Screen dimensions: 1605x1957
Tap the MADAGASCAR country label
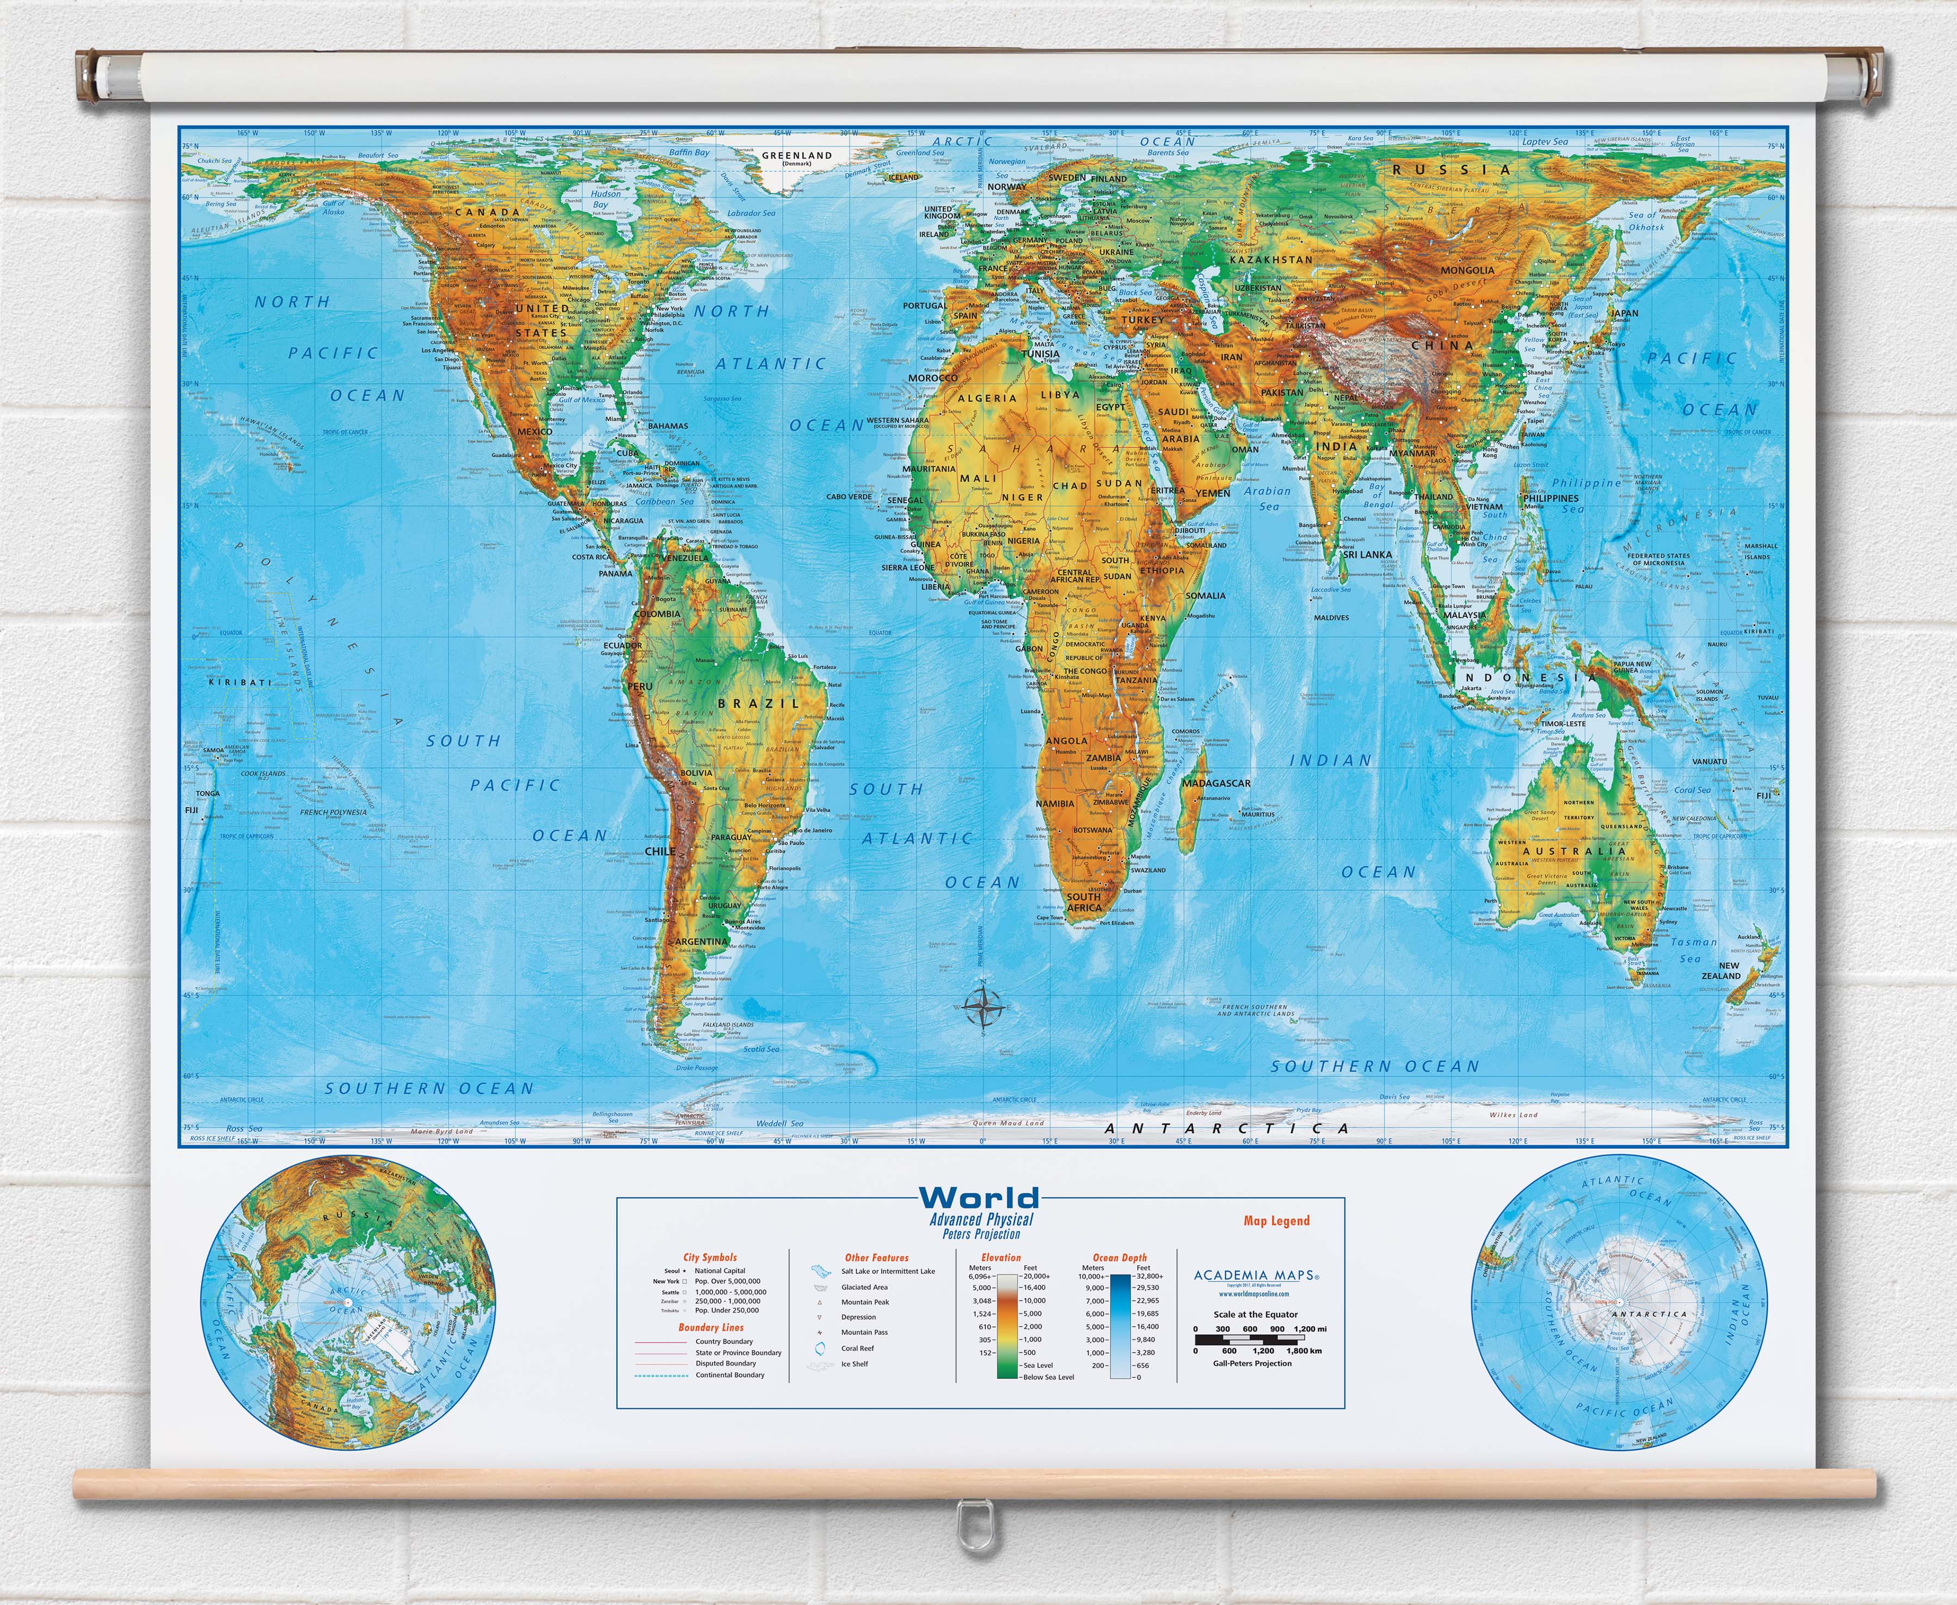pyautogui.click(x=1216, y=783)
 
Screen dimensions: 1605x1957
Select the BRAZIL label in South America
pyautogui.click(x=758, y=704)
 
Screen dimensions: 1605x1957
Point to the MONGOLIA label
pyautogui.click(x=1467, y=270)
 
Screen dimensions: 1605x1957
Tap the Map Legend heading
pyautogui.click(x=1276, y=1221)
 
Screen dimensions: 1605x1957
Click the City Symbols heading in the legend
pyautogui.click(x=710, y=1258)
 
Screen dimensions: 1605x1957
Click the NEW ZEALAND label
pyautogui.click(x=1721, y=971)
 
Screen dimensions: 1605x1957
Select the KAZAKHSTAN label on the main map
pyautogui.click(x=1270, y=260)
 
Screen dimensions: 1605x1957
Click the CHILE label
pyautogui.click(x=660, y=850)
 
